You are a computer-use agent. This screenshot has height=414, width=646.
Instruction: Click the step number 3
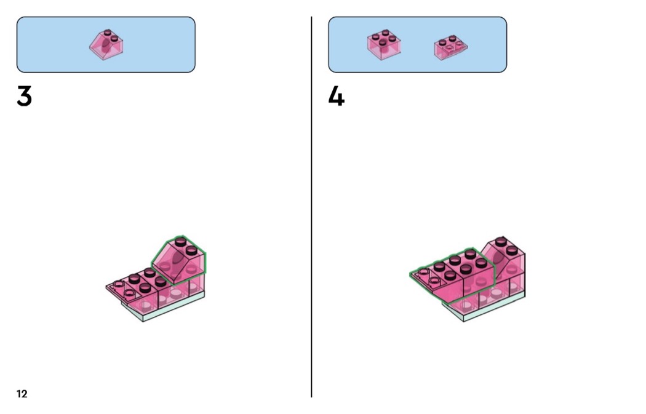(x=25, y=96)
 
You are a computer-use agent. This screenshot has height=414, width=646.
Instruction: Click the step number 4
(x=336, y=96)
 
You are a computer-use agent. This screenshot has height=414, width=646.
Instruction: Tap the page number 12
(x=22, y=394)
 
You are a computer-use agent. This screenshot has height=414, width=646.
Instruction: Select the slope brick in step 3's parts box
(x=106, y=44)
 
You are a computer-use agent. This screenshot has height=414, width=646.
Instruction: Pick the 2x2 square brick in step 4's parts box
(x=384, y=45)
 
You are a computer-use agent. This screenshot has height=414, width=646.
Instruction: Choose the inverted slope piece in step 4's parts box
(x=451, y=48)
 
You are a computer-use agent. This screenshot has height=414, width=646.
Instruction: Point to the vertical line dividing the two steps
(x=311, y=207)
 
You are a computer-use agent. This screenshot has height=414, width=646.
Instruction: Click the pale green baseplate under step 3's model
(x=165, y=307)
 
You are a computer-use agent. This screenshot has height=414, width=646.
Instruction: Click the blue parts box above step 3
(x=106, y=44)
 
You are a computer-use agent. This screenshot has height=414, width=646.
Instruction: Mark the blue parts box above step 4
(x=417, y=44)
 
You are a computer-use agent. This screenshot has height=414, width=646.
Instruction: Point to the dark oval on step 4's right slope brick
(x=498, y=259)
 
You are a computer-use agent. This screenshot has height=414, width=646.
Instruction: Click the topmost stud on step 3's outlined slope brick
(x=180, y=241)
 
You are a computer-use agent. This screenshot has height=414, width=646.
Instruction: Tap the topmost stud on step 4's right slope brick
(x=500, y=241)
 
